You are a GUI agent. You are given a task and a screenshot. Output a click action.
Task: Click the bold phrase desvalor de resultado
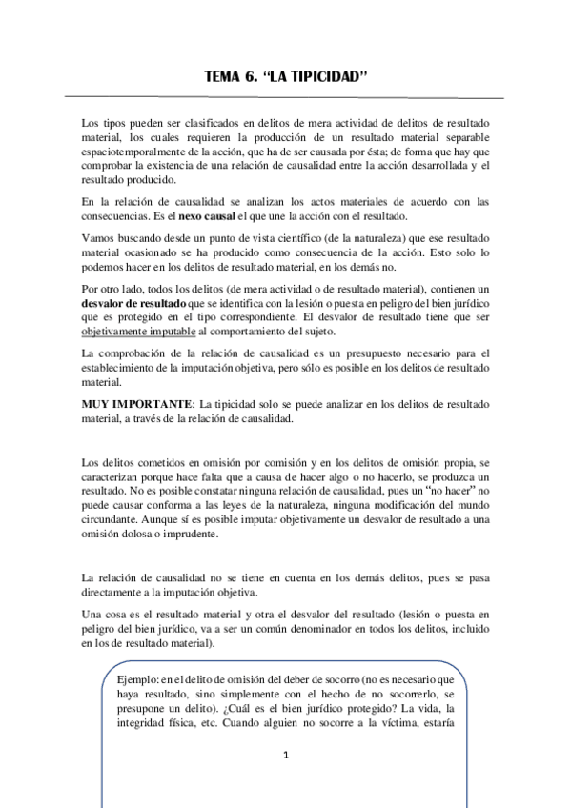coord(134,302)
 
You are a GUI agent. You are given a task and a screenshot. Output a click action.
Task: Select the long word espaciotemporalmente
coord(140,166)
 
